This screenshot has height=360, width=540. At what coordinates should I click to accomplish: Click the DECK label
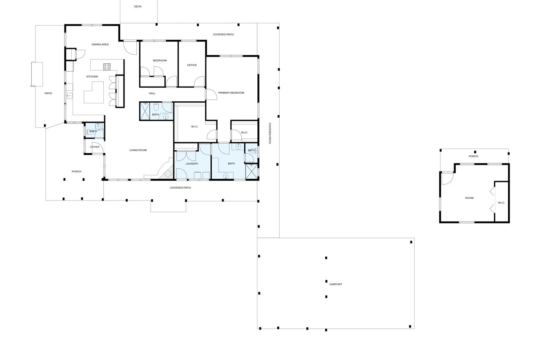138,6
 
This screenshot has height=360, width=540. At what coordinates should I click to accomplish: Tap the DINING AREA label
100,44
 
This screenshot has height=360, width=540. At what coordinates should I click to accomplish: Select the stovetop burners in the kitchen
107,67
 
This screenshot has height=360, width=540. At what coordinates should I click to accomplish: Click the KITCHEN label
92,77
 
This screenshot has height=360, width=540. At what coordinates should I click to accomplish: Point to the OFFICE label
192,65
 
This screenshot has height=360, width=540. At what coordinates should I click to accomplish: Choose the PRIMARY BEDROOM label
231,93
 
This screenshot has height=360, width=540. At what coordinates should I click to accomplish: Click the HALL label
152,93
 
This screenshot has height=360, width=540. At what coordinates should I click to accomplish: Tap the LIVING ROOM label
138,150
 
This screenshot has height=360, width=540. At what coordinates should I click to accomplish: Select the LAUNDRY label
192,164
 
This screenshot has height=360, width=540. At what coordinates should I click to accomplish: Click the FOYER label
95,147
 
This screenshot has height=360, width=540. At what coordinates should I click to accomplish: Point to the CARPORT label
336,284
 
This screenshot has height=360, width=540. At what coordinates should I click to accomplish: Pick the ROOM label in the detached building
469,198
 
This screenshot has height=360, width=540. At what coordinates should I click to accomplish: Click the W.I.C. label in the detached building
502,203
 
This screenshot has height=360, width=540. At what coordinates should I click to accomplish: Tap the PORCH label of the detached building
473,156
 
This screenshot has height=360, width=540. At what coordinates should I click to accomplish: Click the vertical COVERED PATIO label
270,134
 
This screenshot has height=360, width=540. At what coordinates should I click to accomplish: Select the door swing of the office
199,81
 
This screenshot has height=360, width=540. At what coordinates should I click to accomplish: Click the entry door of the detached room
448,179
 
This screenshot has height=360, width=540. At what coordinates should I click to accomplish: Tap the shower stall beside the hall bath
145,111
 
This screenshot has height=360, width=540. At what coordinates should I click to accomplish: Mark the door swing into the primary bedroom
211,94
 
